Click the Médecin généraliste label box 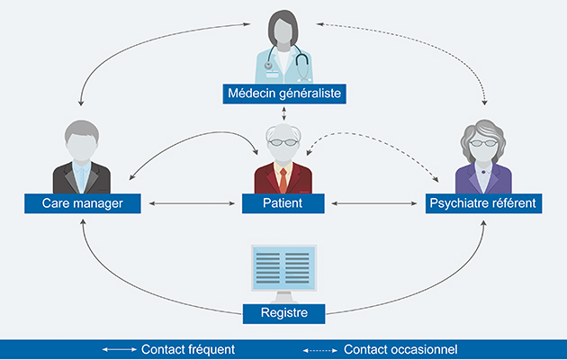pos(283,93)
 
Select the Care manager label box pos(81,204)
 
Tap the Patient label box pos(283,204)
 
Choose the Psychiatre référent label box pos(483,204)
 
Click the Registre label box pos(283,314)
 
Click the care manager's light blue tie pos(82,176)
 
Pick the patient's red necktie pos(283,178)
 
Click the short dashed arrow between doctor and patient pos(283,113)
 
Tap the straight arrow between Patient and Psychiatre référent pos(377,204)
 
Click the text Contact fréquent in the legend pos(188,349)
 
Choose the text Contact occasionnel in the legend pos(400,349)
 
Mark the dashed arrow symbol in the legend pos(320,349)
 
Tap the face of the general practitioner pos(283,31)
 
